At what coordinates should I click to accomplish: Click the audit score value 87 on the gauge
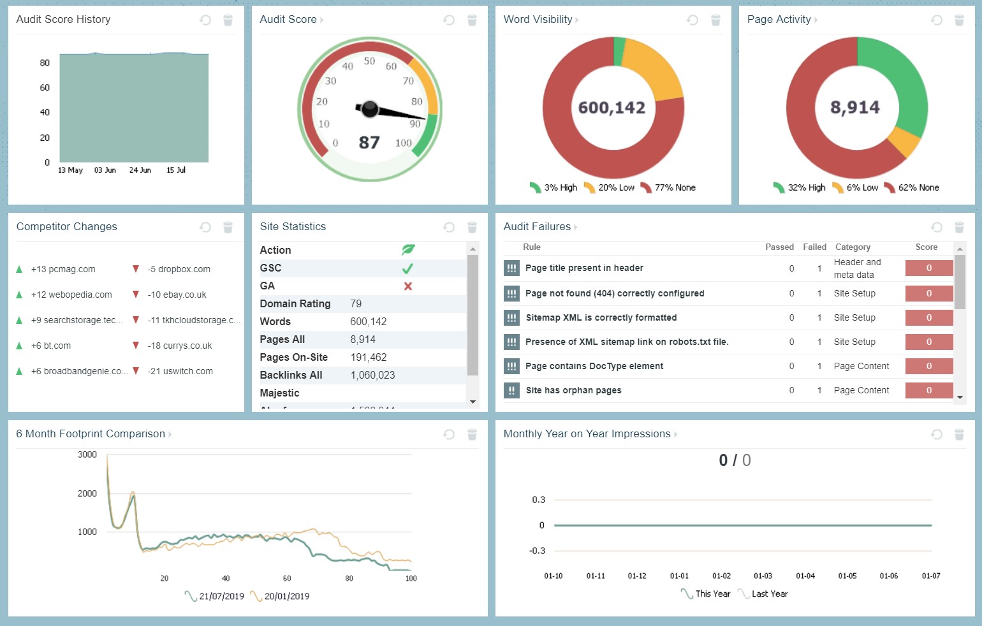[369, 142]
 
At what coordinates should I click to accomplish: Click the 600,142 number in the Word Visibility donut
[612, 108]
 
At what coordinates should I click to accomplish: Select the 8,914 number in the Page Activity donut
[855, 107]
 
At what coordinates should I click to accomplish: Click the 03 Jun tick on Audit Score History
[105, 170]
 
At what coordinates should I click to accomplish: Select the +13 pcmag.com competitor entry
[63, 269]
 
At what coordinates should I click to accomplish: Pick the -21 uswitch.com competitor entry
[180, 371]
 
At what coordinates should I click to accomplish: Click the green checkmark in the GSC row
[408, 268]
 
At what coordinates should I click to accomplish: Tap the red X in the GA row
[408, 286]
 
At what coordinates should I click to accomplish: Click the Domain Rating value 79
[356, 304]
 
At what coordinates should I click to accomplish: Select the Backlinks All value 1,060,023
[372, 375]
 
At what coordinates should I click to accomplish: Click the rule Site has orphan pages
[573, 390]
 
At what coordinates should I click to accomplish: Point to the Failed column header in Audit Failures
[814, 247]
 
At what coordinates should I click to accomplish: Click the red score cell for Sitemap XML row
[928, 317]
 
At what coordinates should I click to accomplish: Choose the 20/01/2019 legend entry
[286, 596]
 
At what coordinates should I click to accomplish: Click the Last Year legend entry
[769, 593]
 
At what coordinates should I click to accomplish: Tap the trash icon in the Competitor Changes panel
[228, 227]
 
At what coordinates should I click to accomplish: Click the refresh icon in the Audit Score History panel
[205, 20]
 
